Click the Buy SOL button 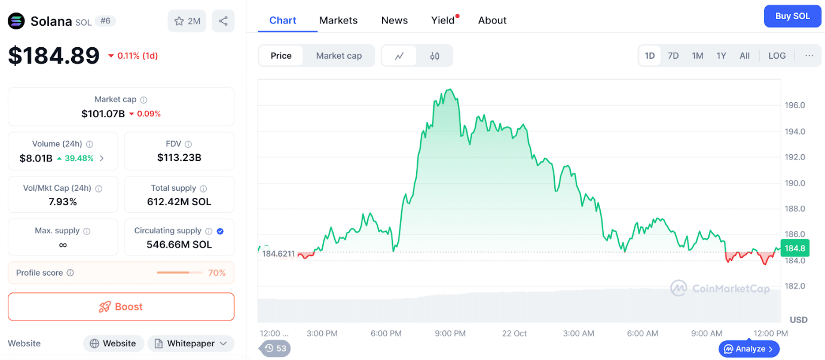tap(792, 16)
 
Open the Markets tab tap(338, 20)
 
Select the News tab tap(395, 20)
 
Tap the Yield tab tap(443, 20)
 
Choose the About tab tap(492, 20)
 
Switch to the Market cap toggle tap(338, 56)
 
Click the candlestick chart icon tap(435, 56)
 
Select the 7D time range tap(673, 56)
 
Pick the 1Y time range tap(721, 56)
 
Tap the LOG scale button tap(777, 56)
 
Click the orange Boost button tap(121, 307)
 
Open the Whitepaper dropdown tap(191, 343)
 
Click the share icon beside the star tap(223, 21)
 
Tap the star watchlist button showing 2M tap(187, 21)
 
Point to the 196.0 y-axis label tap(795, 105)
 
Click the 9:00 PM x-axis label tap(450, 333)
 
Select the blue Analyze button tap(749, 349)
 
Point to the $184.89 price tap(54, 56)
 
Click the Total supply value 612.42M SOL tap(179, 202)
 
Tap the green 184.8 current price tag tap(795, 248)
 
